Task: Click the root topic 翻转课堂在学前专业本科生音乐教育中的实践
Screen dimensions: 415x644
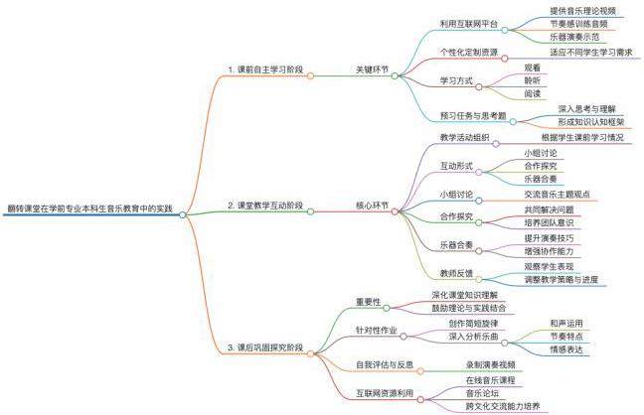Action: coord(88,208)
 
